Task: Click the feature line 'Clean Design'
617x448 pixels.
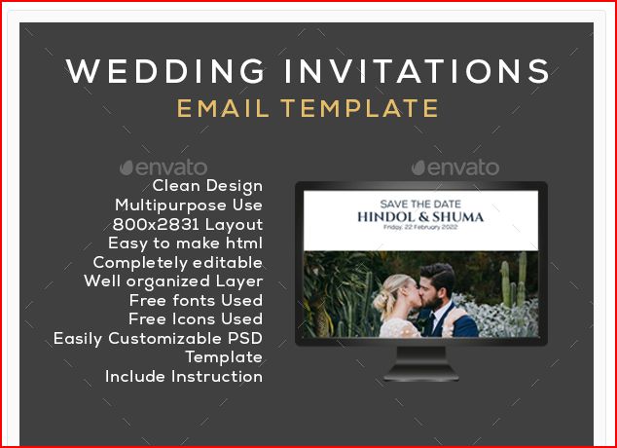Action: (207, 186)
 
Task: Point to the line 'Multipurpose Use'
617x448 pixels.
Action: (189, 205)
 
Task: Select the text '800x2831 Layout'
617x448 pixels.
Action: (187, 224)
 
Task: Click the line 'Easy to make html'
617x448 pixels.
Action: (185, 243)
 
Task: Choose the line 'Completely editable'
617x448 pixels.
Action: (177, 262)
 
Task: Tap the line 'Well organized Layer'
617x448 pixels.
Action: (173, 281)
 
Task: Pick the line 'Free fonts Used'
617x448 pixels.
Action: (196, 300)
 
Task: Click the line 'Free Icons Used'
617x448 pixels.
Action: (196, 318)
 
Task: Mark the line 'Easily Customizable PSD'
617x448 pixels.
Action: (158, 339)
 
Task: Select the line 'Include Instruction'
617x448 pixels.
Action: (184, 376)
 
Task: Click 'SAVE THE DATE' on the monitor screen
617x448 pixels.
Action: (420, 204)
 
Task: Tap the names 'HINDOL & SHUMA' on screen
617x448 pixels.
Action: (420, 216)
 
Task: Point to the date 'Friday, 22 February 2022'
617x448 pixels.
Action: (420, 228)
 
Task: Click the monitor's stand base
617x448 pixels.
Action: (420, 374)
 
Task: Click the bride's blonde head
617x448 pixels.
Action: (395, 289)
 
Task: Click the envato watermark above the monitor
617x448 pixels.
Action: (455, 168)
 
